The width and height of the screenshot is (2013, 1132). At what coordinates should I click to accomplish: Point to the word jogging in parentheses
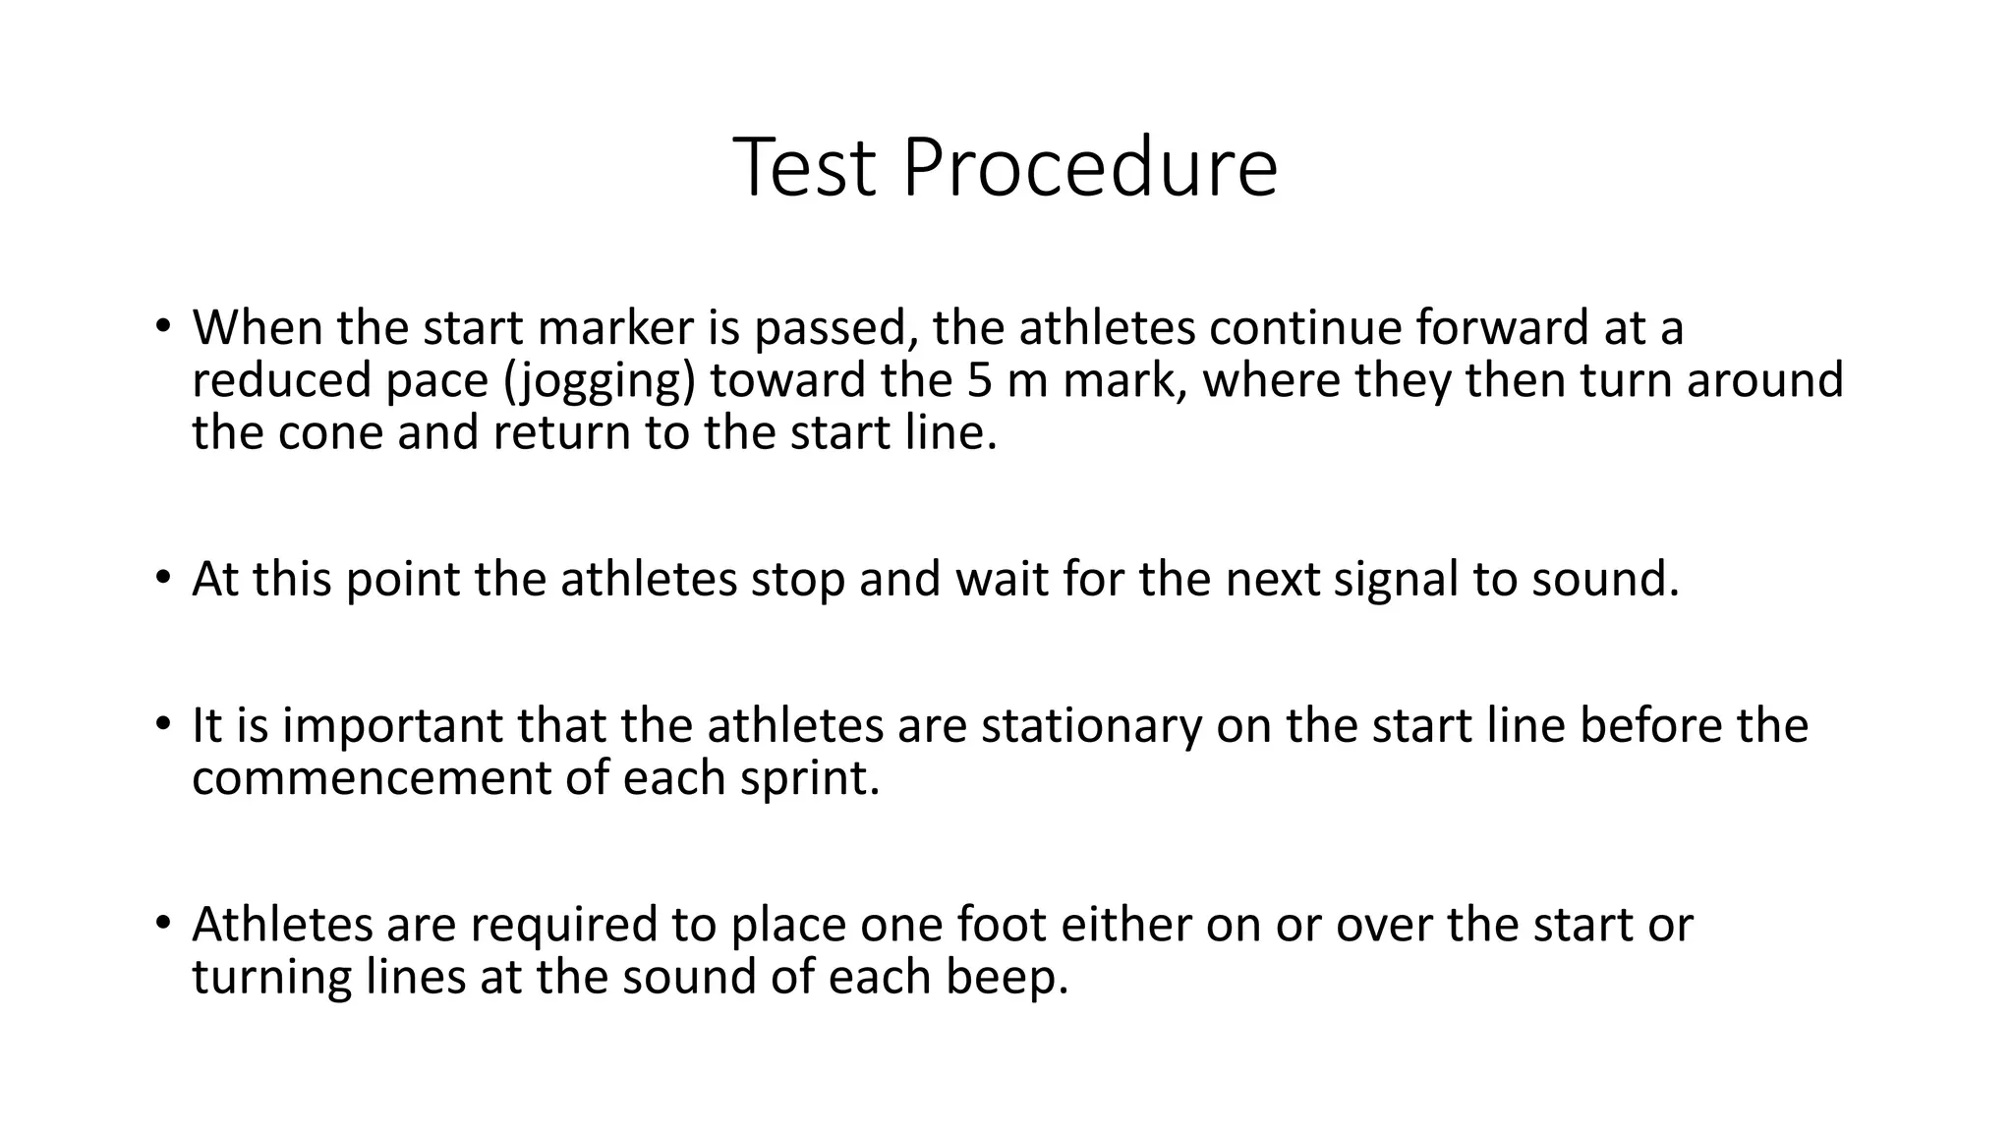(599, 381)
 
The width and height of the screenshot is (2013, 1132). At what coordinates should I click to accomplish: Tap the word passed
(835, 329)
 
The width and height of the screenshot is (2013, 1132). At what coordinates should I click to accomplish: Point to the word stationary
(1091, 726)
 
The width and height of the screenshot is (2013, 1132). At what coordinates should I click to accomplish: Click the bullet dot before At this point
(162, 577)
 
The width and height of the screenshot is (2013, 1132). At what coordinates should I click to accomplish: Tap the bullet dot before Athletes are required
(162, 922)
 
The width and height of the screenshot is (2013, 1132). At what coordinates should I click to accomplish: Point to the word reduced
(281, 380)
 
